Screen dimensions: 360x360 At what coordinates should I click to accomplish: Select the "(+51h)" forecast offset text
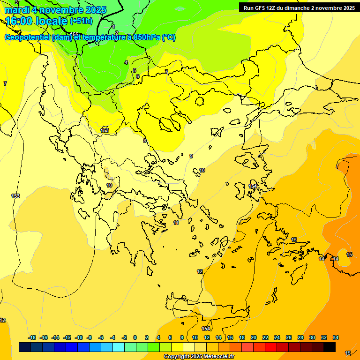coord(81,21)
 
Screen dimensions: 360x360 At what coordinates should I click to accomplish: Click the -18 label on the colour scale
coord(32,337)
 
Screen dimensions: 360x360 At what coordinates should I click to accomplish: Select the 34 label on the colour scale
coord(336,337)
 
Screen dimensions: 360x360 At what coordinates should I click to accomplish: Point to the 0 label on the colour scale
coord(135,337)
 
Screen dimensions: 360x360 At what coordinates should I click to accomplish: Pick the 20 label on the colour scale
coord(253,337)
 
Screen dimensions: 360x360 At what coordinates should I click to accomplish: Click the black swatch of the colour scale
coord(330,347)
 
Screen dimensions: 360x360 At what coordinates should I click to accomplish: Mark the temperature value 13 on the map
coord(294,240)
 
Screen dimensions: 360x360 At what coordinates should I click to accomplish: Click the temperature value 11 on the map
coord(176,223)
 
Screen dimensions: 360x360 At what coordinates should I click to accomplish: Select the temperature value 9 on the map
coord(191,156)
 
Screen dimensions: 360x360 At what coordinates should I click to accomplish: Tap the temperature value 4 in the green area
coord(126,62)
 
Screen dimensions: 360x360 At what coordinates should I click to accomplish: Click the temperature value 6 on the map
coord(137,76)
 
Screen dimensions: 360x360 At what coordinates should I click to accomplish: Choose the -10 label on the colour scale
coord(79,337)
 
